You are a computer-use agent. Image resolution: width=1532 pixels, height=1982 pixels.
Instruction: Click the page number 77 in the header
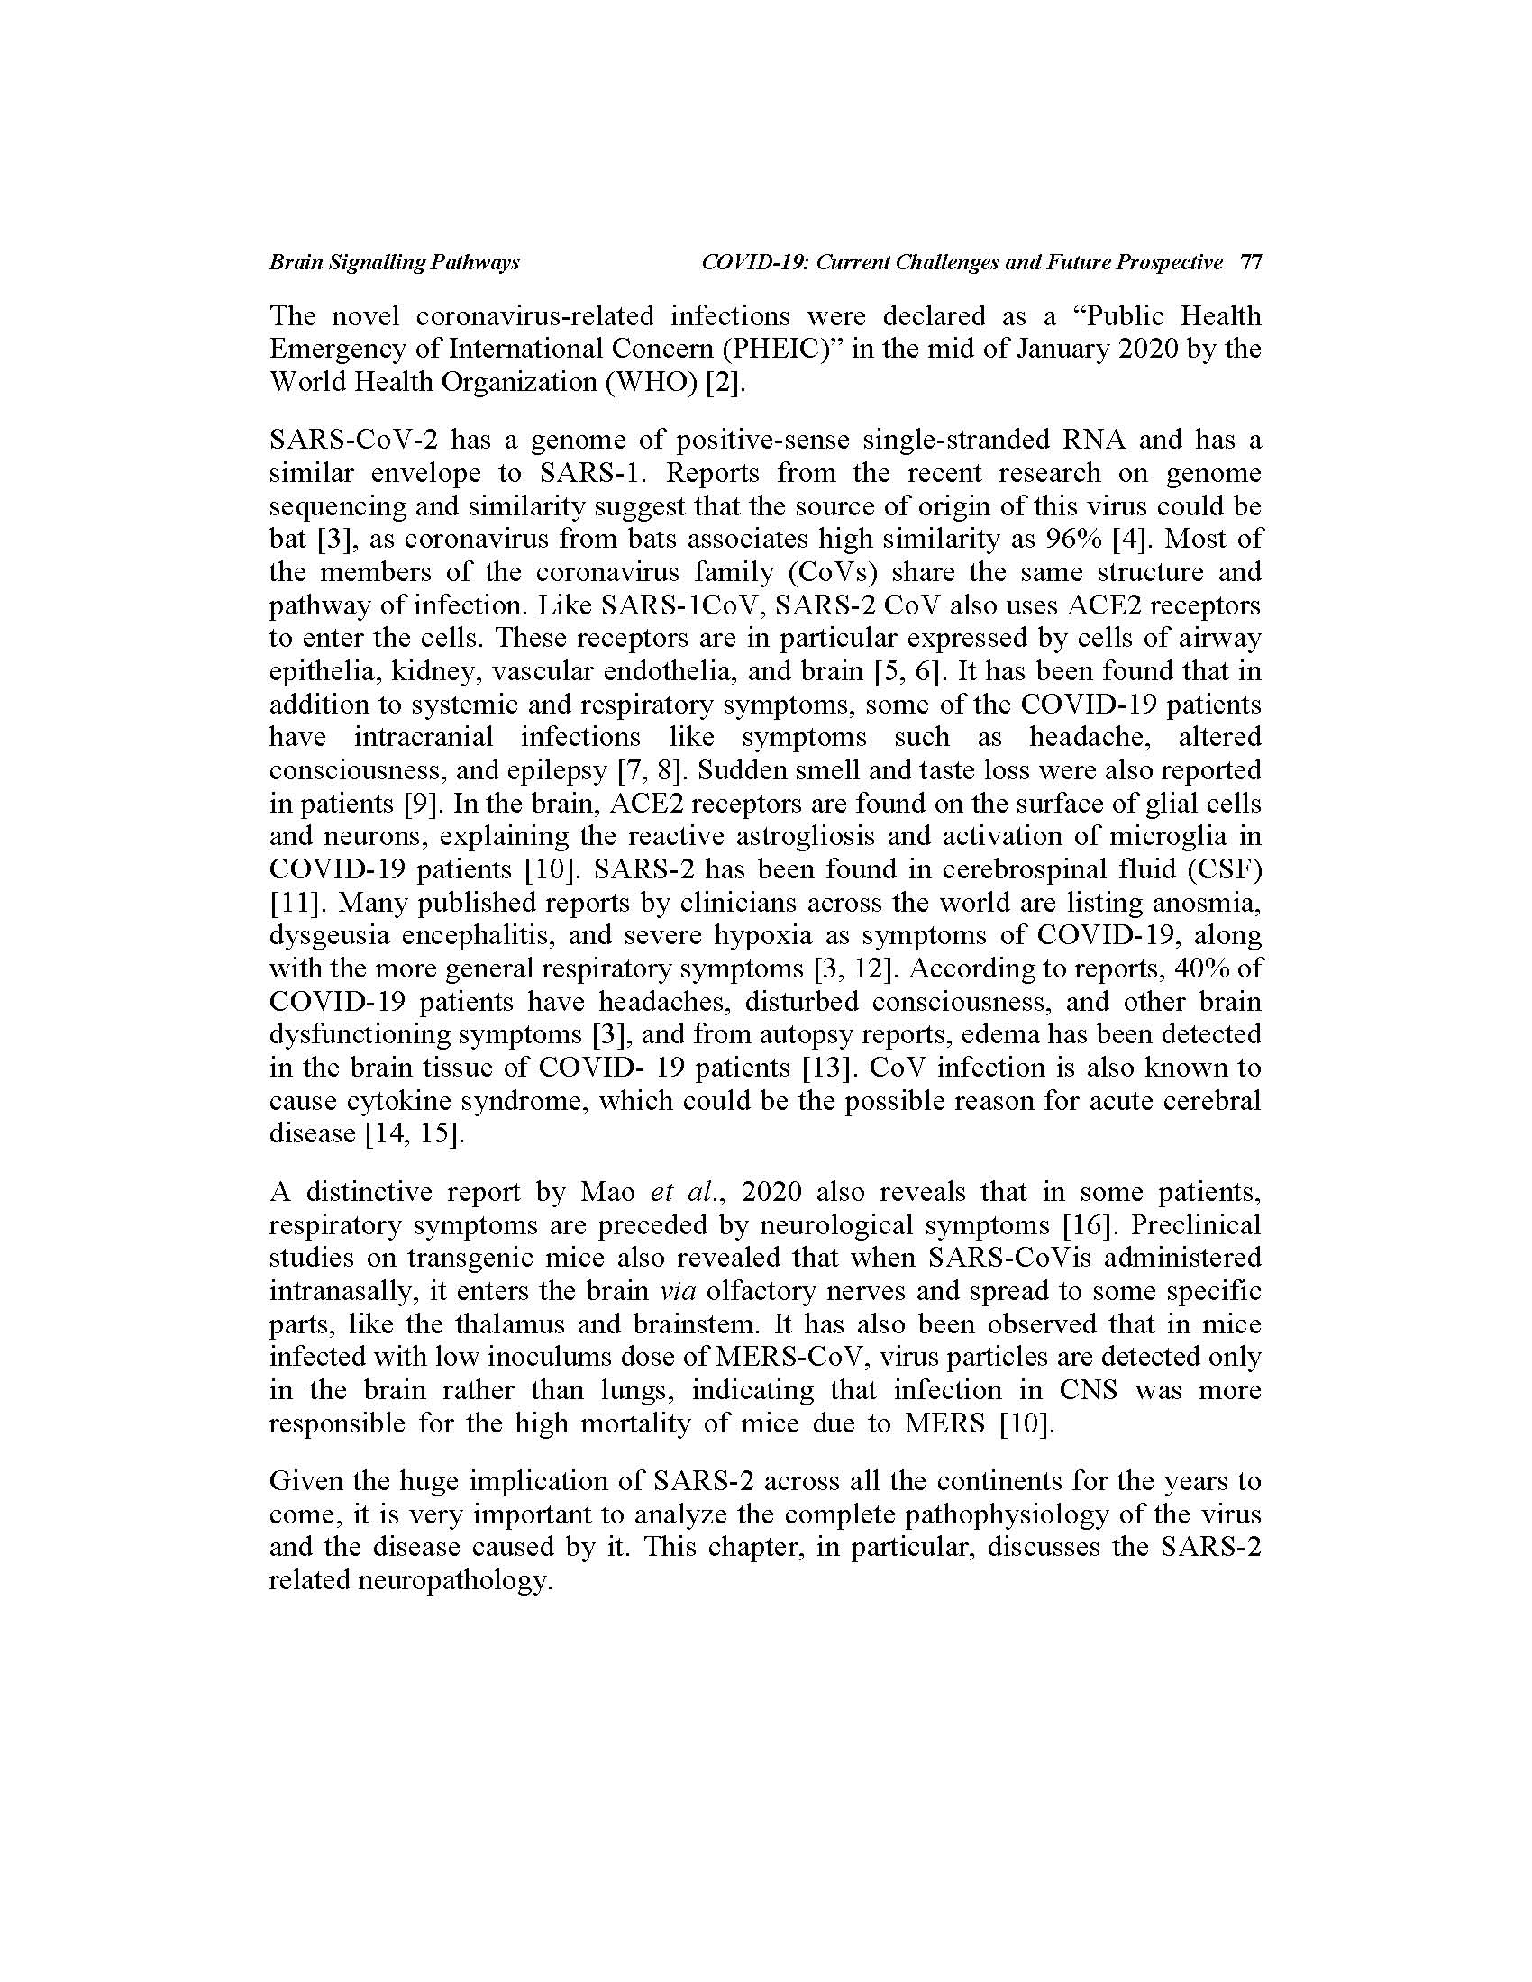(1250, 263)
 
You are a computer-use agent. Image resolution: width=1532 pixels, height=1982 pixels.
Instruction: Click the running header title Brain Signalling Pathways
(394, 263)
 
